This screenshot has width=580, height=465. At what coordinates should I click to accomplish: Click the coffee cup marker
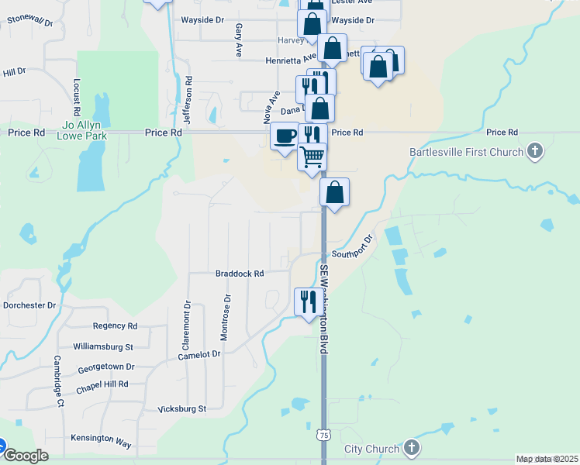(285, 136)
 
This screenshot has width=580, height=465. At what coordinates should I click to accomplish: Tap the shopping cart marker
(312, 157)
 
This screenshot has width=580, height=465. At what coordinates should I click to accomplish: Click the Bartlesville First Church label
(466, 152)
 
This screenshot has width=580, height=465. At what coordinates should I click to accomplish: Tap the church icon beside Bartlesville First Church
(534, 151)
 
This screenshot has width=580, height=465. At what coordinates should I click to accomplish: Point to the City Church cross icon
(412, 448)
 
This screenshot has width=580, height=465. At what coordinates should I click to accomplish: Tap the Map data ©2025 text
(547, 460)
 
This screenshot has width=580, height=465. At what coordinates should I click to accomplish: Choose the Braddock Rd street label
(240, 274)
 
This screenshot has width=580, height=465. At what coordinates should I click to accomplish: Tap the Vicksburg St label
(181, 408)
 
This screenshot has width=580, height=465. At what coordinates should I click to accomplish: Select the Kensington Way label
(101, 439)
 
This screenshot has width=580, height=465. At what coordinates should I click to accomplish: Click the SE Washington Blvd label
(323, 308)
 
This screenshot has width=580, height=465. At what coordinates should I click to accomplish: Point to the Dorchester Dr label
(29, 305)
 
